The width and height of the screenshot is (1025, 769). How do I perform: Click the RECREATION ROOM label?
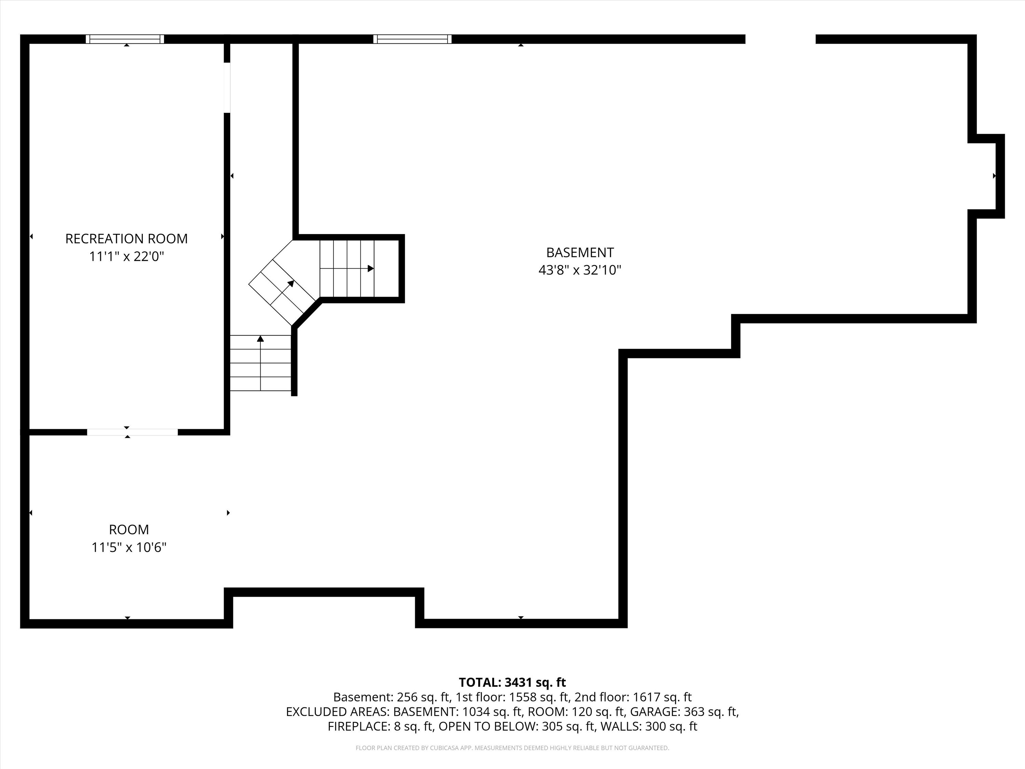pos(126,239)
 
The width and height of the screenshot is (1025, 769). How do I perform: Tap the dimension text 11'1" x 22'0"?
pos(126,256)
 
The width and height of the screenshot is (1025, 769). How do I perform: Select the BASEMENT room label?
pos(580,253)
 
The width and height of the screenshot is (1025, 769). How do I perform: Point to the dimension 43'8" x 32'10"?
pos(580,270)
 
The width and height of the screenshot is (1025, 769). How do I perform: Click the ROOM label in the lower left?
pos(129,529)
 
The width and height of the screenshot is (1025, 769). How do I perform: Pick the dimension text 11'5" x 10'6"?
pos(129,548)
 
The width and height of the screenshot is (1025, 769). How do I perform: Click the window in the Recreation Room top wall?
pos(125,39)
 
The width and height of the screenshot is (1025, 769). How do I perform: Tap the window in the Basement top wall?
pos(412,39)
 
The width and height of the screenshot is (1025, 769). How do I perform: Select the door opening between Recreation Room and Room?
pos(132,432)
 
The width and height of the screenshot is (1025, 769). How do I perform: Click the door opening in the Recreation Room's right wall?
pos(227,87)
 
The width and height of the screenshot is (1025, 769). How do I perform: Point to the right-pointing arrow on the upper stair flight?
pos(370,268)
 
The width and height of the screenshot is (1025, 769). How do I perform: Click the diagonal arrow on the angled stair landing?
pos(290,284)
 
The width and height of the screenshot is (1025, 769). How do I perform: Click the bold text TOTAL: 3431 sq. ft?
pos(512,682)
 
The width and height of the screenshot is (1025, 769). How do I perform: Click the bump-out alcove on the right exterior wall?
pos(986,176)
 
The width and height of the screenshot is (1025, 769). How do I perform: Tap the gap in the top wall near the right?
pos(780,39)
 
